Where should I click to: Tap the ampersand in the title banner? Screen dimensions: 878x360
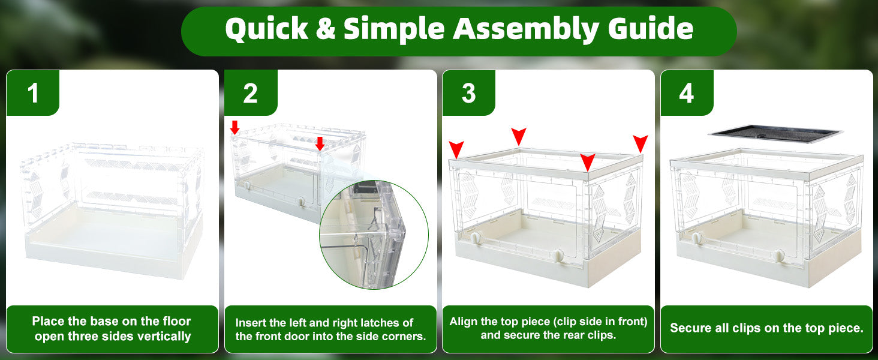[x=325, y=29]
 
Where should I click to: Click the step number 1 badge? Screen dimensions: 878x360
[x=33, y=93]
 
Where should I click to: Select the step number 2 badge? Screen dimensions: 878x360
[x=251, y=93]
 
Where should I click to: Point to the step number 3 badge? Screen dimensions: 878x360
[x=469, y=93]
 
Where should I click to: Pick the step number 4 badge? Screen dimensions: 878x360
[x=687, y=93]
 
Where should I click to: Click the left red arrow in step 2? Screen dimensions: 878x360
[x=234, y=127]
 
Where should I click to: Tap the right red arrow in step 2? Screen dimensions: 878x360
[x=320, y=143]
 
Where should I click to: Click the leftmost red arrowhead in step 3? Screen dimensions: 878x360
[x=456, y=149]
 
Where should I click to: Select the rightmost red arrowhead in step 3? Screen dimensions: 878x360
[x=641, y=143]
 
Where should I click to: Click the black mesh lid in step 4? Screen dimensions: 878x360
[x=775, y=134]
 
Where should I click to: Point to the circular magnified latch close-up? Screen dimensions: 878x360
[x=374, y=235]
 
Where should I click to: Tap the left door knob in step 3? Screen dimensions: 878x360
[x=476, y=238]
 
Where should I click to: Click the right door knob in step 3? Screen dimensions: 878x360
[x=558, y=256]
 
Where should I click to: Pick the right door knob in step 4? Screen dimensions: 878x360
[x=779, y=256]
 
